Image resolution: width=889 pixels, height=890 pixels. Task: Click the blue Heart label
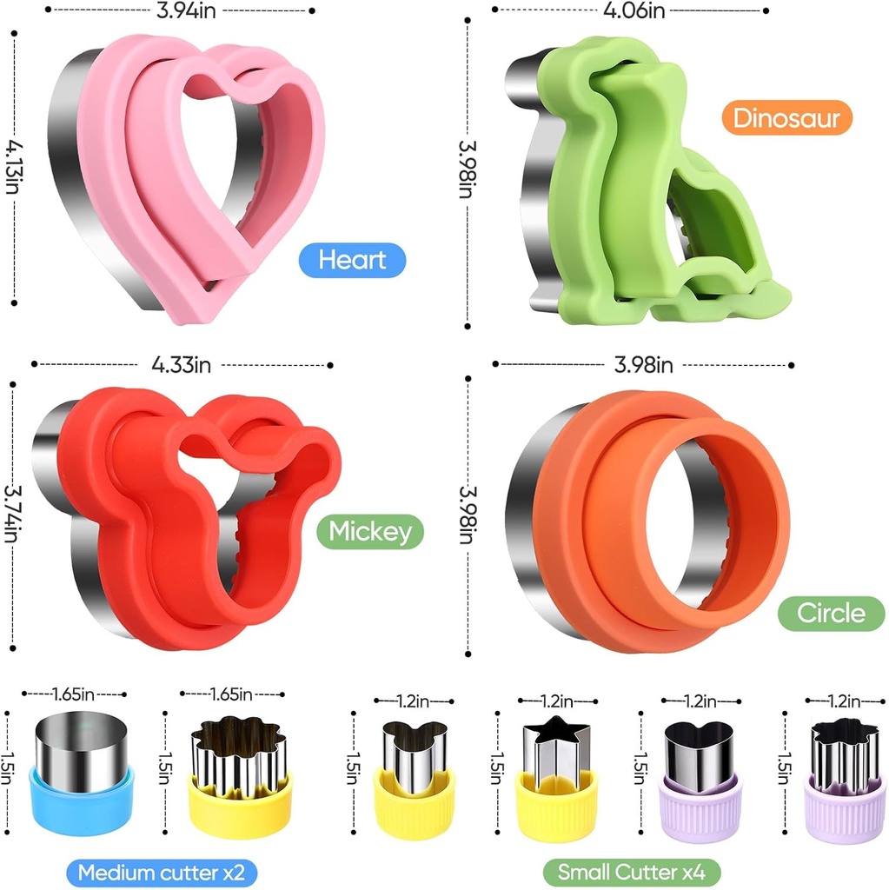point(352,260)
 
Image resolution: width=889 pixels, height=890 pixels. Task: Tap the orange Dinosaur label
point(786,117)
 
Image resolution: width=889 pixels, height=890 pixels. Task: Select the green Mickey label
point(370,531)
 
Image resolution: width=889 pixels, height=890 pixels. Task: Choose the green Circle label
point(831,613)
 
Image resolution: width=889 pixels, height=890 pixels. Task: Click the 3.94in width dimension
point(186,10)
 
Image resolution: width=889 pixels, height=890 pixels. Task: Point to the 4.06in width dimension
point(634,10)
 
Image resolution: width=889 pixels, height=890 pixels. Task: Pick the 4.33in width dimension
point(181,364)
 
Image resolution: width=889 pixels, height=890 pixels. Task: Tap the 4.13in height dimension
point(12,168)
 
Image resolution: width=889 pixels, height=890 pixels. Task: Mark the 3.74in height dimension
point(12,514)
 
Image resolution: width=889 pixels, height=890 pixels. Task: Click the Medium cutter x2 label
point(162,873)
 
